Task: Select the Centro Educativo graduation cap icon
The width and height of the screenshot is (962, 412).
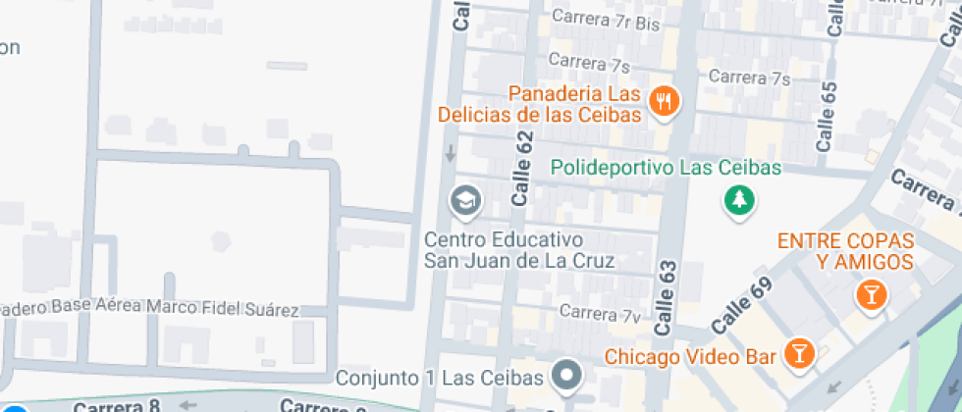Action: coord(464,202)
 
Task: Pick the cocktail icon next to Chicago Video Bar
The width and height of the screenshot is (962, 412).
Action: coord(800,354)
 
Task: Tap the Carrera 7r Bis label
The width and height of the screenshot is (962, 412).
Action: coord(605,17)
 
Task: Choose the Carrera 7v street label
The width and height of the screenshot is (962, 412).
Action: coord(600,314)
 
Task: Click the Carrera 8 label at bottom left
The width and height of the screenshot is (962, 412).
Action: coord(116,405)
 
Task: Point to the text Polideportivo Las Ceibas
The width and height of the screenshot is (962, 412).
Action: coord(666,168)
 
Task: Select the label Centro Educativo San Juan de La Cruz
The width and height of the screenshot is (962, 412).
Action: coord(519,250)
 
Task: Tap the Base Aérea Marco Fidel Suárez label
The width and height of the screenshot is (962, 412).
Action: coord(157,309)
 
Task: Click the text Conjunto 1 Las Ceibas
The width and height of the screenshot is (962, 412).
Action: coord(439,378)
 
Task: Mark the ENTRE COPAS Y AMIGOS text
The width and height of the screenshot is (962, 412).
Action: coord(845,251)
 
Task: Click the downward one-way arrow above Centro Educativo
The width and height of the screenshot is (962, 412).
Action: coord(450,154)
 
